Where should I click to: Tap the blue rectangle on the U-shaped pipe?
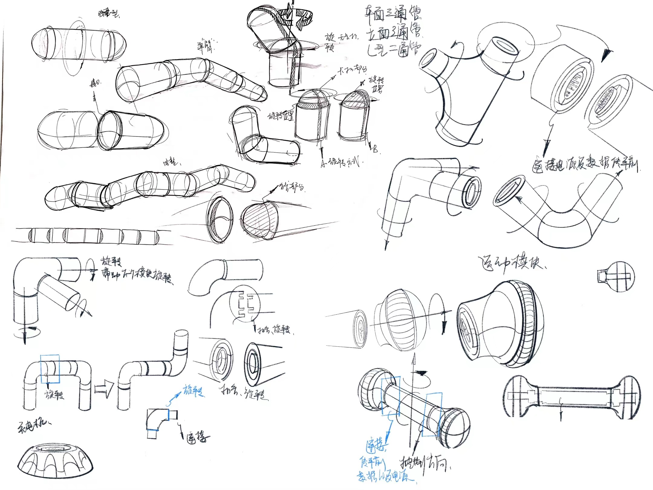(x=50, y=369)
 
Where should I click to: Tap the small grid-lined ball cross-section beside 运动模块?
(x=617, y=277)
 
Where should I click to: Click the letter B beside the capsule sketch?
(x=375, y=149)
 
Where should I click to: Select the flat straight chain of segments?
(x=91, y=236)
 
